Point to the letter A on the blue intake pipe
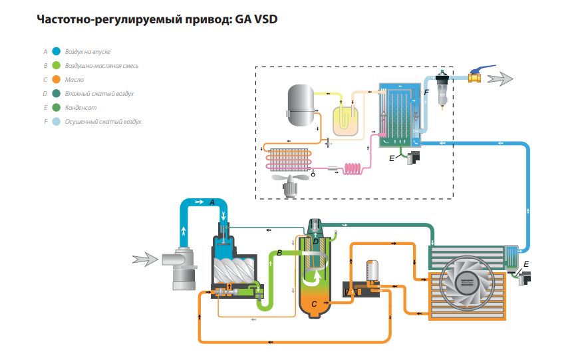212,202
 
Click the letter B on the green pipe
280,253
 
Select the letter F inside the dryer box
426,93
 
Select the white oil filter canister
372,270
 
